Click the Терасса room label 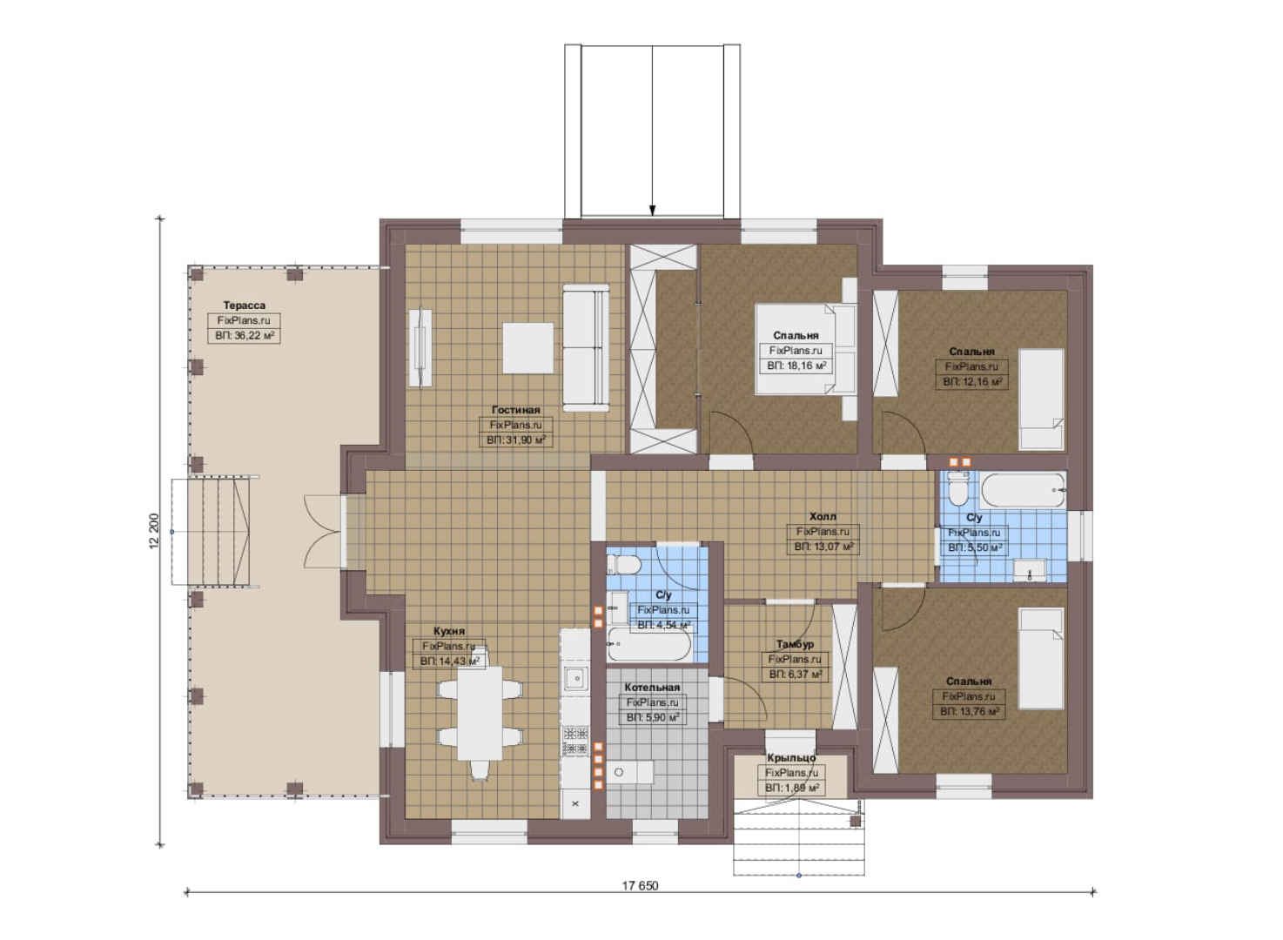point(244,305)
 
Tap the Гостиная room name point(515,410)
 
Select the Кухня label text point(449,631)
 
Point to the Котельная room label point(652,687)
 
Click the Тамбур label point(795,644)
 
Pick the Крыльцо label point(791,757)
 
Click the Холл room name point(823,516)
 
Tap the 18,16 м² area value point(807,366)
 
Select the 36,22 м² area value point(255,336)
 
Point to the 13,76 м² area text point(979,711)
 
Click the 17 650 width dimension point(641,885)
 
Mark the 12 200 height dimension point(153,531)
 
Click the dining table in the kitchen point(480,713)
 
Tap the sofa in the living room point(586,347)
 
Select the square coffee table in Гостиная point(528,348)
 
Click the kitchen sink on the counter point(575,679)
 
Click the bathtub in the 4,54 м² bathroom point(649,644)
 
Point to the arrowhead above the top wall point(653,211)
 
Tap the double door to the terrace point(324,532)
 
